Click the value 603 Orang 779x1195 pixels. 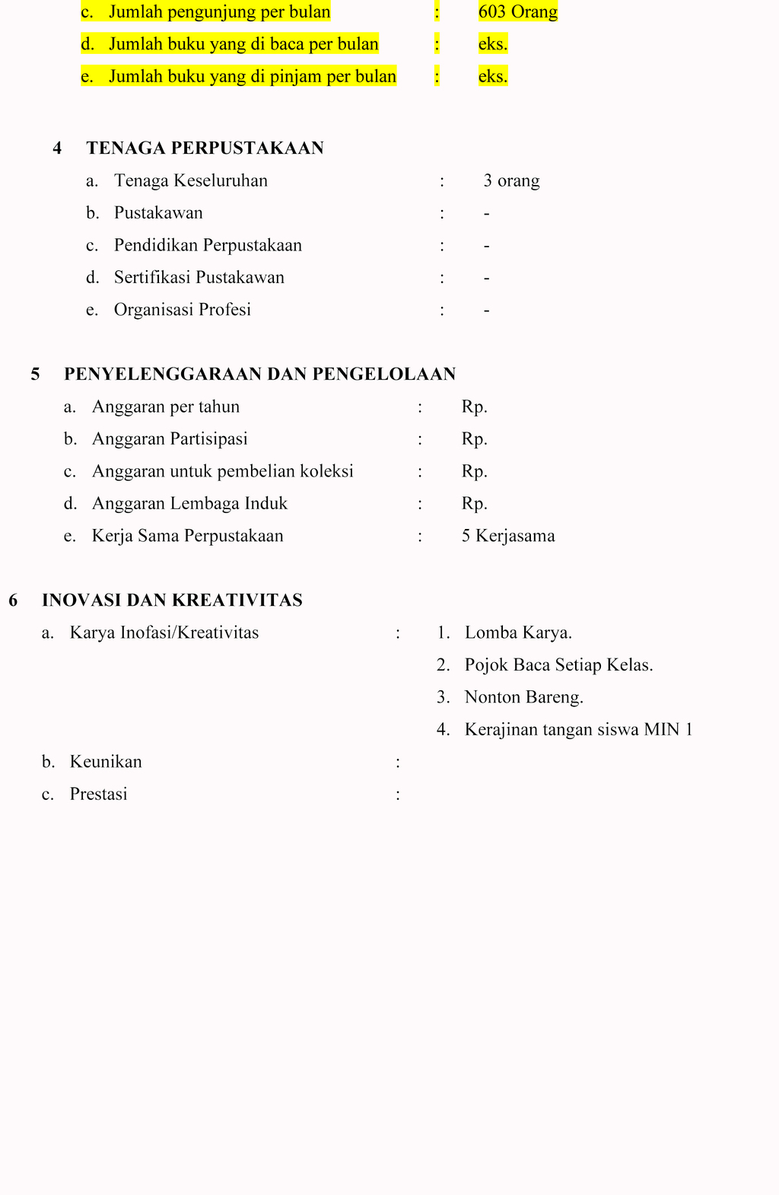point(517,12)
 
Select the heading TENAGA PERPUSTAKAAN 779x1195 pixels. point(205,148)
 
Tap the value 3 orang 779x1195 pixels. point(511,181)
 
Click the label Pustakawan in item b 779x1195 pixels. point(158,213)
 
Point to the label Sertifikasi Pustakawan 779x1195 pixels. point(199,278)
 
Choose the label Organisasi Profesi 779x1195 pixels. point(182,310)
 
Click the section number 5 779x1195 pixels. point(36,374)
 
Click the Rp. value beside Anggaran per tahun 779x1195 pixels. point(474,407)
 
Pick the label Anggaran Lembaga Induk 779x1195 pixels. point(189,504)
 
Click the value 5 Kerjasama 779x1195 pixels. point(507,536)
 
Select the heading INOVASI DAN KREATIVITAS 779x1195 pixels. point(172,601)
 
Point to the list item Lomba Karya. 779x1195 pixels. point(518,633)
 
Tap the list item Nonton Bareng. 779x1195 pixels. point(523,697)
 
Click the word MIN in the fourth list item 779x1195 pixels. point(661,730)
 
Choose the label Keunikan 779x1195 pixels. point(106,762)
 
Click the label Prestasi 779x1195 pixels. point(98,795)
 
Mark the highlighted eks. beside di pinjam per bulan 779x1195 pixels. point(492,77)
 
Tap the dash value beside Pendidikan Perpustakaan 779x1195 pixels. point(486,246)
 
